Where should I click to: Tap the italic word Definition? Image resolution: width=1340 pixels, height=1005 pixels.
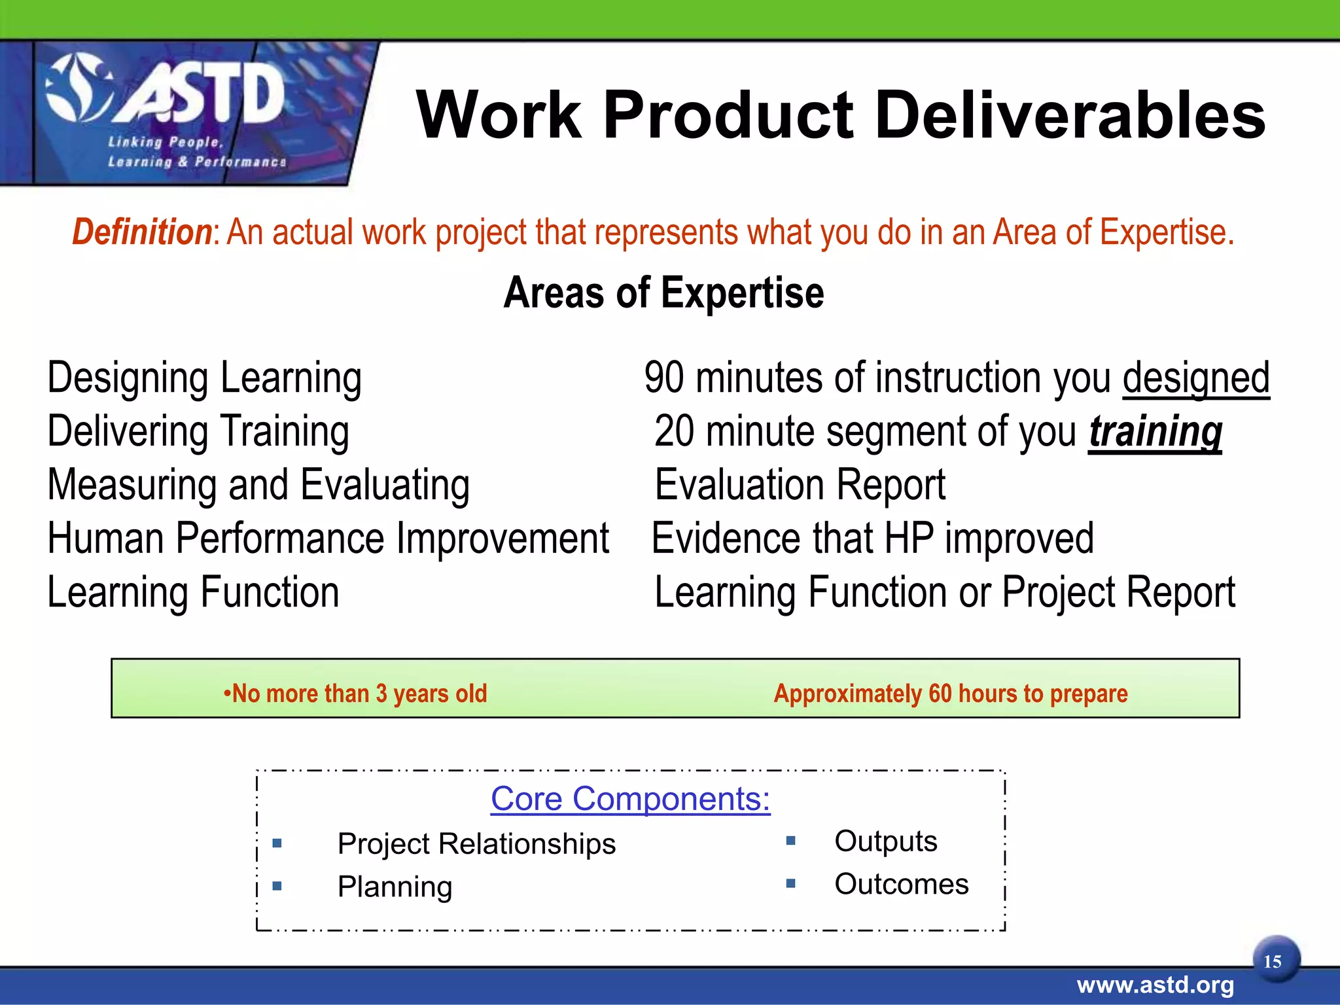(141, 232)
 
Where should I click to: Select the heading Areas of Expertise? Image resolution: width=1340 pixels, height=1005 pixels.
(663, 292)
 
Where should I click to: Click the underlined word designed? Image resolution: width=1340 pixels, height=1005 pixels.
(1196, 378)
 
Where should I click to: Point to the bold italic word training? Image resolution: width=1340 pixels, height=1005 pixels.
(1155, 432)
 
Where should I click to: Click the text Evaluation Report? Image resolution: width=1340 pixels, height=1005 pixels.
(800, 485)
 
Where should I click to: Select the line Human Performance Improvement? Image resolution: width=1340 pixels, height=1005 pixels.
(328, 538)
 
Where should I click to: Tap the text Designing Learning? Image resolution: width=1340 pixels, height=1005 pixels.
(204, 378)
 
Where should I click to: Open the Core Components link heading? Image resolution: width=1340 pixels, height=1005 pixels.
(630, 799)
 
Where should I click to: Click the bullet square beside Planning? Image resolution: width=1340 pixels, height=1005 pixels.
(277, 886)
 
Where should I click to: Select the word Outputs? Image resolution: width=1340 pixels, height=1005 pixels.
(885, 841)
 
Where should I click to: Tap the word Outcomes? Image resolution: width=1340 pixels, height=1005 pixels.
(901, 885)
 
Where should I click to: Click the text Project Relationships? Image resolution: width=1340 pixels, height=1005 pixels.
(476, 844)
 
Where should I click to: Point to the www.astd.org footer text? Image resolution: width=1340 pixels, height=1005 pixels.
(1155, 985)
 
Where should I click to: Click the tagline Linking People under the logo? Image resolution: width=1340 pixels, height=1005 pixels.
(166, 142)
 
